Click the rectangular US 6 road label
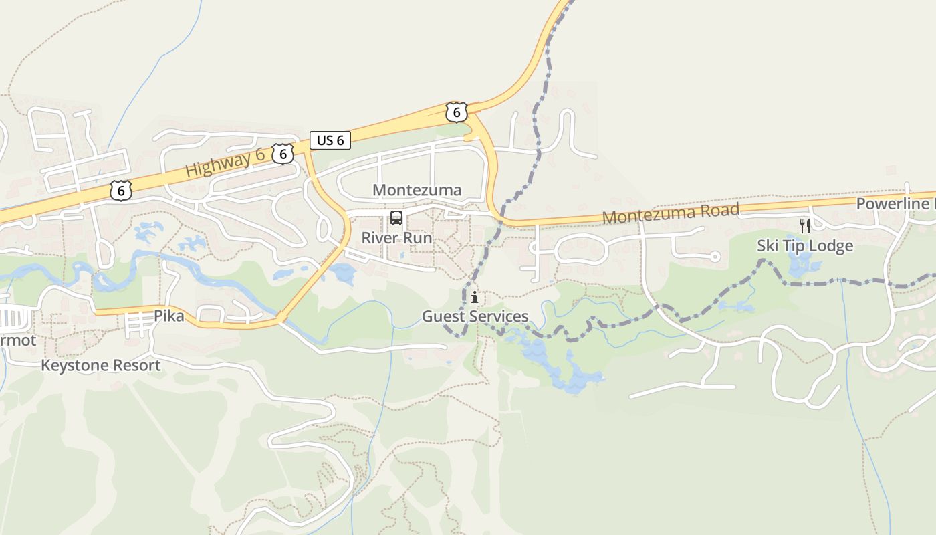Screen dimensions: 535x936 click(x=330, y=140)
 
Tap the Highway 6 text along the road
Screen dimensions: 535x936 click(x=225, y=163)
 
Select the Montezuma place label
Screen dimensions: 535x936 click(x=417, y=190)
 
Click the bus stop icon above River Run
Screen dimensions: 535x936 click(x=396, y=218)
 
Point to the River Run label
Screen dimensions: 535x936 click(x=396, y=238)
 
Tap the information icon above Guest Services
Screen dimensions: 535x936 click(x=475, y=298)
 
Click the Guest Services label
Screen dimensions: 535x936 click(x=475, y=316)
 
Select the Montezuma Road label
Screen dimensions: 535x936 click(x=671, y=214)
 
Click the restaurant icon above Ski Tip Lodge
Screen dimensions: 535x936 click(x=805, y=226)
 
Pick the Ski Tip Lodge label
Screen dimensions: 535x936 click(x=805, y=246)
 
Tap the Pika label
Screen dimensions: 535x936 click(x=168, y=316)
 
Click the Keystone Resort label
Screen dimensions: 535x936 click(x=101, y=366)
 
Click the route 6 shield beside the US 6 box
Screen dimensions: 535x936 click(x=283, y=154)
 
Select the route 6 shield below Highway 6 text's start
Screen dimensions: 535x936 click(x=120, y=191)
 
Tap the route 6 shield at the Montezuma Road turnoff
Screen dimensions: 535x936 click(x=456, y=112)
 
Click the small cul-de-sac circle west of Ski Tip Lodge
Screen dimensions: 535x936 click(x=715, y=257)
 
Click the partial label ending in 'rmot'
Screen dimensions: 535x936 click(x=17, y=341)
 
